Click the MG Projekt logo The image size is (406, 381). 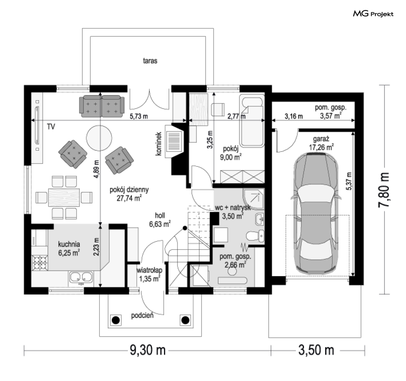point(373,14)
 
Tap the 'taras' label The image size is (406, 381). point(150,61)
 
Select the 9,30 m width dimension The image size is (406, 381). point(148,350)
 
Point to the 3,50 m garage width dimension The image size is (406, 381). point(316,350)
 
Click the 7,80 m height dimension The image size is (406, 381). point(384,190)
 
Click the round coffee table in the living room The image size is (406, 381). point(99,138)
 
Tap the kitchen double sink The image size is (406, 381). point(81,277)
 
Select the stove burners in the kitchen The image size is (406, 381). point(39,263)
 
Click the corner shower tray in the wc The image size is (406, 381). point(254,199)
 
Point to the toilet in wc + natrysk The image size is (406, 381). point(255,236)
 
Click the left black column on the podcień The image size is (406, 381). point(116,320)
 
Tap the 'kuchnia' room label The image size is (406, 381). point(69,244)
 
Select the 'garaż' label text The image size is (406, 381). point(321,139)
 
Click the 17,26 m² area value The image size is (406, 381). point(321,147)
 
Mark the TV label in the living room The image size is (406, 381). point(51,127)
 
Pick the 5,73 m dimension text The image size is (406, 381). point(139,116)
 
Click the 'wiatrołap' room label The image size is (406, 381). point(150,270)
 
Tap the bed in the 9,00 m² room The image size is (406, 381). point(252,121)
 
